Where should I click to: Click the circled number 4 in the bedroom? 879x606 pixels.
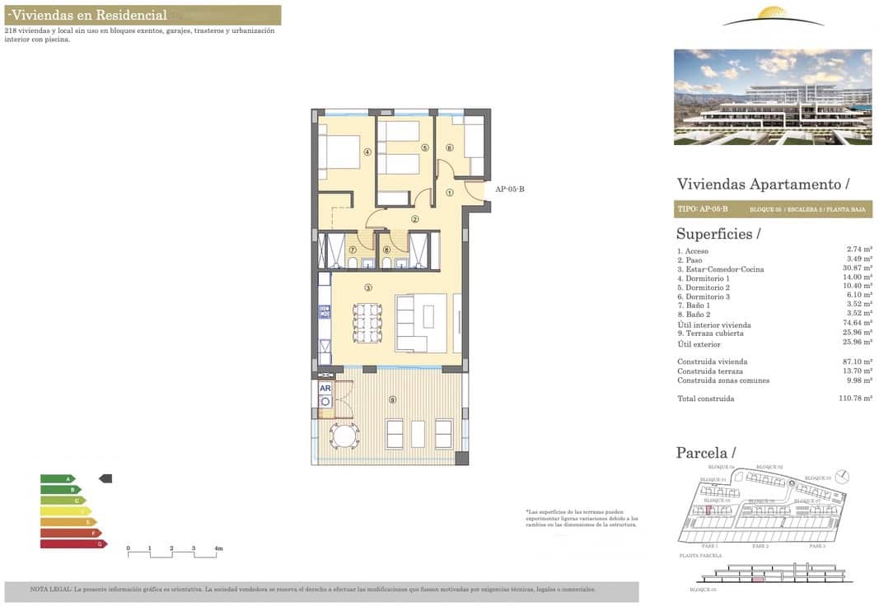coord(367,151)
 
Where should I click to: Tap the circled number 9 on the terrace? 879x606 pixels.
coord(392,399)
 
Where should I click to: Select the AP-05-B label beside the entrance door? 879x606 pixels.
coord(509,189)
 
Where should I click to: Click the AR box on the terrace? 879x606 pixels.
coord(325,388)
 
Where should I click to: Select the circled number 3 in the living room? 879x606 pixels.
coord(368,287)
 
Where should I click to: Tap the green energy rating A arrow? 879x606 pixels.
coord(57,478)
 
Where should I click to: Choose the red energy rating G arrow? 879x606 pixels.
coord(73,543)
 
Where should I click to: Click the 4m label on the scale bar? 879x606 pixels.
coord(218,548)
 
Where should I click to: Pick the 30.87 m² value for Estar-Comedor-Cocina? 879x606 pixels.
coord(859,268)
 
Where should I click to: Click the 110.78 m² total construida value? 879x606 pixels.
coord(855,399)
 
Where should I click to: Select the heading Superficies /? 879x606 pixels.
coord(718,234)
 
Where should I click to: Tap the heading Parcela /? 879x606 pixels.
coord(705,453)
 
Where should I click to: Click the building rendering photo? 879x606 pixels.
coord(772,97)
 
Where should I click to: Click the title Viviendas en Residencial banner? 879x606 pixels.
coord(143,15)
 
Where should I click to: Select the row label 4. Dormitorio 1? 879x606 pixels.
coord(703,278)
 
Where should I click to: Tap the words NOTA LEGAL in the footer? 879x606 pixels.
coord(50,590)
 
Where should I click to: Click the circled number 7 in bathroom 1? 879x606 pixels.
coord(353,249)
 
